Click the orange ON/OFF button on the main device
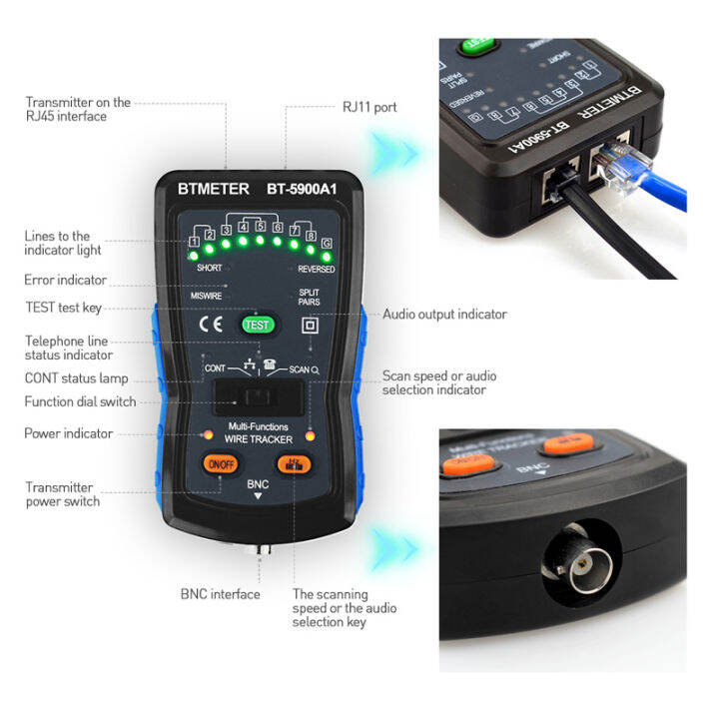pyautogui.click(x=218, y=462)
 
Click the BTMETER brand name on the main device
pyautogui.click(x=206, y=189)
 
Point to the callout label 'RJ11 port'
pyautogui.click(x=369, y=107)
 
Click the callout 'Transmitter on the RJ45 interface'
pyautogui.click(x=78, y=109)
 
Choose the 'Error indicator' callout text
pyautogui.click(x=65, y=280)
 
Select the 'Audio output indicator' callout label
pyautogui.click(x=444, y=315)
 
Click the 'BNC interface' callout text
pyautogui.click(x=220, y=594)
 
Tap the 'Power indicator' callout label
pyautogui.click(x=68, y=433)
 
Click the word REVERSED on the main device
pyautogui.click(x=316, y=269)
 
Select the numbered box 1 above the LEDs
pyautogui.click(x=193, y=240)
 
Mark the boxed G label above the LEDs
pyautogui.click(x=326, y=243)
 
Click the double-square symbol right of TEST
pyautogui.click(x=310, y=325)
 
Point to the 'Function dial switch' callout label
pyautogui.click(x=80, y=401)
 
